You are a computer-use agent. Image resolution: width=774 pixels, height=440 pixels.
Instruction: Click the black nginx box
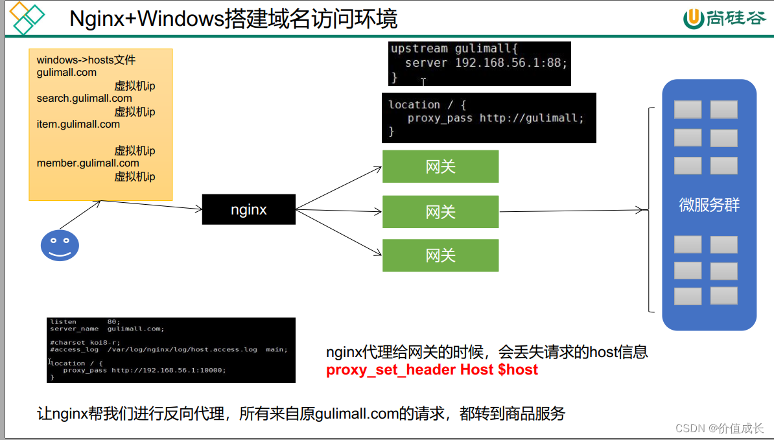point(249,209)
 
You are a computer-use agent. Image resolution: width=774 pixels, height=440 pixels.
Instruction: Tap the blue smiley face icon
point(60,245)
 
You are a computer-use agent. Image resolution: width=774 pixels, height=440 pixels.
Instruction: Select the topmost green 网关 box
point(440,167)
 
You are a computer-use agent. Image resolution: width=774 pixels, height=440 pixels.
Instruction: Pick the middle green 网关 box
point(440,212)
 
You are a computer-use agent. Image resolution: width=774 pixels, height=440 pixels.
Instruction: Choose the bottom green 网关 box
point(440,255)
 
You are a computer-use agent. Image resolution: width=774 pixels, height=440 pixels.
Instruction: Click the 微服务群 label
point(709,205)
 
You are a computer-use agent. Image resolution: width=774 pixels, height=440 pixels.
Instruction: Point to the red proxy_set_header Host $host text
point(432,370)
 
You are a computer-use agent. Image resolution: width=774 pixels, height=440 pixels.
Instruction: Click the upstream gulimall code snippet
point(479,63)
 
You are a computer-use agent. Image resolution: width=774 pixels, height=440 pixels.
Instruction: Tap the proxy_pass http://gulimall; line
point(495,119)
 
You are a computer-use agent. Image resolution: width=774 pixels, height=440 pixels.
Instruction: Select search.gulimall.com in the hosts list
point(84,98)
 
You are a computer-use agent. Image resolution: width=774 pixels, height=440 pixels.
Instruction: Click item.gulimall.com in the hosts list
point(78,124)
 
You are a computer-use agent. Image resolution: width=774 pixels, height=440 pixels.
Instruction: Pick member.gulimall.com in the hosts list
point(88,163)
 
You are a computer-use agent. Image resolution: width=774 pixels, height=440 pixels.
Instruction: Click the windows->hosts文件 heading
point(86,60)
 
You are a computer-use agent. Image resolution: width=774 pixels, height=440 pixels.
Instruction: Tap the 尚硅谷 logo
point(725,19)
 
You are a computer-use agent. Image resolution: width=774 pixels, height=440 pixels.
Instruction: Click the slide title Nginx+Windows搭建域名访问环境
point(233,19)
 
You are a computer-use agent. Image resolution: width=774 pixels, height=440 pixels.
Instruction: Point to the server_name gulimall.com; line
point(107,329)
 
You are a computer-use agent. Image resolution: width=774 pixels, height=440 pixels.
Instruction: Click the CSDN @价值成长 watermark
point(720,428)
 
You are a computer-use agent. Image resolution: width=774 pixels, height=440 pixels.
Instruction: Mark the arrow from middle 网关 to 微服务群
point(574,211)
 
